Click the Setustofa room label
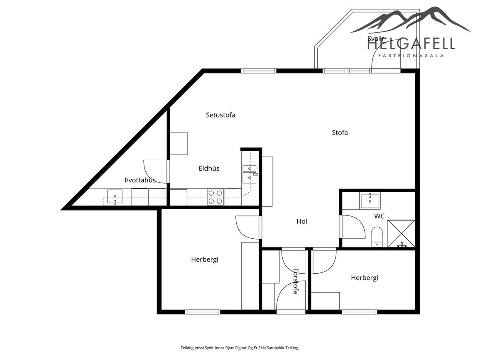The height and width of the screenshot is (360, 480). (x=220, y=115)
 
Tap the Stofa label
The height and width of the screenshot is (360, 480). (x=340, y=132)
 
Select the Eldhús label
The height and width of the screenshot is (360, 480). (x=209, y=168)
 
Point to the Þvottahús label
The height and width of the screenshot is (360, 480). (x=140, y=180)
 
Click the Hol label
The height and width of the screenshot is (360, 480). (x=302, y=221)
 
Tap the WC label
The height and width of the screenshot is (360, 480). (x=379, y=216)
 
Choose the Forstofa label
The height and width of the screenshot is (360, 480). (x=296, y=281)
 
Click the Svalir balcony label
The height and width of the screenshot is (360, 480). (x=376, y=39)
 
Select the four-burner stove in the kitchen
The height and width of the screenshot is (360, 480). (x=216, y=197)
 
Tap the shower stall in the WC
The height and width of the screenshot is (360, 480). (x=401, y=233)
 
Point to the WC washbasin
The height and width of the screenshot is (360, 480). (x=370, y=201)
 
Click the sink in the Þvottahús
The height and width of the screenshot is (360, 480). (x=115, y=197)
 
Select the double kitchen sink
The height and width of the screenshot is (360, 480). (x=250, y=174)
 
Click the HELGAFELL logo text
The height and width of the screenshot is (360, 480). (x=411, y=44)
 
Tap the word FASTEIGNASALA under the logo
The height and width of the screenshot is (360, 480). (x=411, y=56)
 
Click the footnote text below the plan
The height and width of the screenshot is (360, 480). (x=240, y=348)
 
